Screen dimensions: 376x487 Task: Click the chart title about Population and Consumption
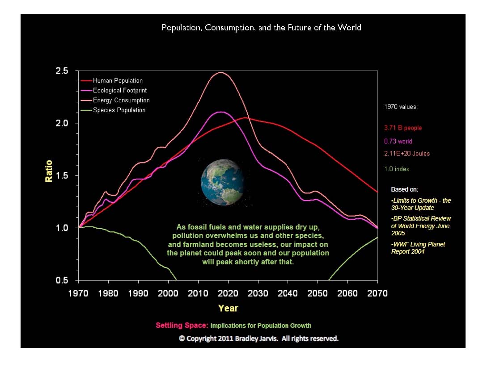pos(261,28)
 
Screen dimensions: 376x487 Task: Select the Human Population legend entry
pos(118,81)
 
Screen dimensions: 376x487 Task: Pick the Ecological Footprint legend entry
pos(119,91)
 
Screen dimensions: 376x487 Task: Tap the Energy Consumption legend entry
pos(121,100)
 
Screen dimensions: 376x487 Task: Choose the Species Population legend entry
pos(119,110)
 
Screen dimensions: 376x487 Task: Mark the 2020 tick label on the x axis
pos(228,293)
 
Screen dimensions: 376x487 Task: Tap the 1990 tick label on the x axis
pos(138,293)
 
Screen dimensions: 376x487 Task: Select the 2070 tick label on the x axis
pos(377,293)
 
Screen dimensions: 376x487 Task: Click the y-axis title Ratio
pos(49,171)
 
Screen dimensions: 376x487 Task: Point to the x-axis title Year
pos(228,308)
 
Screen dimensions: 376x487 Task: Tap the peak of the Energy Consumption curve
pos(220,72)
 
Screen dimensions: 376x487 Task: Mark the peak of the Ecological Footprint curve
pos(220,112)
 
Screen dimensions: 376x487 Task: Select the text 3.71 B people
pos(403,128)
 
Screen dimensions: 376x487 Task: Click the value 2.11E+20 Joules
pos(407,154)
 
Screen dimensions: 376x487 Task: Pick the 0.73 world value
pos(398,142)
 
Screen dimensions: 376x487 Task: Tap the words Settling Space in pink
pos(182,326)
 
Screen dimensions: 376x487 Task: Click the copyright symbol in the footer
pos(182,338)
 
